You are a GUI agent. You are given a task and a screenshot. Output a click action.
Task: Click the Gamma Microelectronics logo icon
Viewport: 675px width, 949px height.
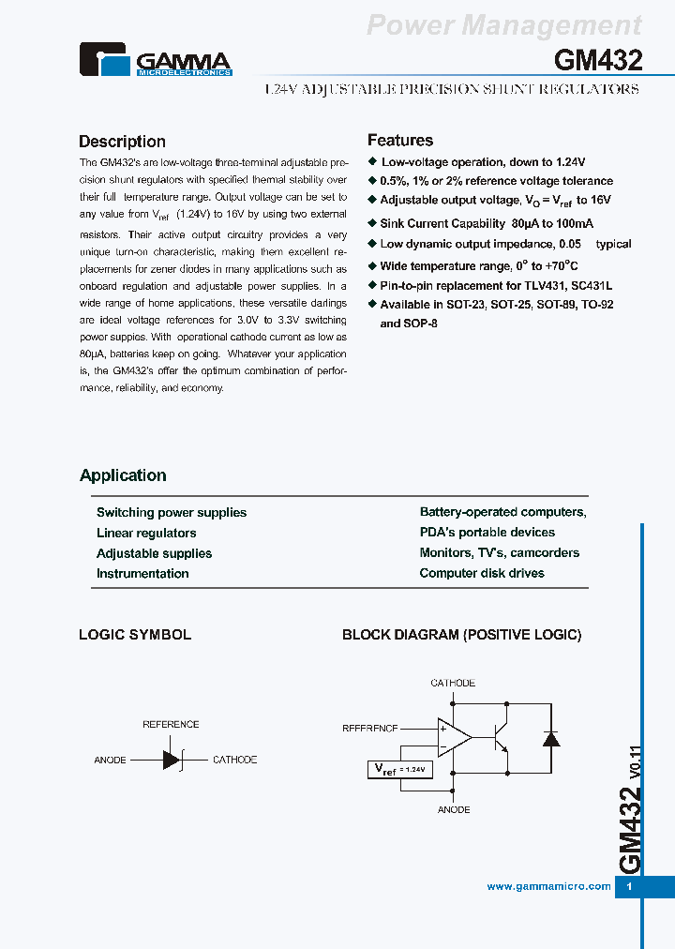pyautogui.click(x=105, y=61)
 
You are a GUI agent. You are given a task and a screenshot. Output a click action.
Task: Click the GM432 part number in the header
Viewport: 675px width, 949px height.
pyautogui.click(x=597, y=61)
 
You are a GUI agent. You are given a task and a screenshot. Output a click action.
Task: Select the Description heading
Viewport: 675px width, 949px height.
pyautogui.click(x=122, y=142)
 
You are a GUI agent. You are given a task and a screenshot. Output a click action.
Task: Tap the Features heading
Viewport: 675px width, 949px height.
pyautogui.click(x=399, y=141)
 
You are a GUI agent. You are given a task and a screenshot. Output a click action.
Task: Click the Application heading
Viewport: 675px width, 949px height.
pyautogui.click(x=123, y=475)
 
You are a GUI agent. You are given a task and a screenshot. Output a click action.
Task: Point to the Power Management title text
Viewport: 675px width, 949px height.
pyautogui.click(x=503, y=25)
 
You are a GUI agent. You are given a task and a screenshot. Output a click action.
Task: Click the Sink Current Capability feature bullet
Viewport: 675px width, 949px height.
pyautogui.click(x=486, y=224)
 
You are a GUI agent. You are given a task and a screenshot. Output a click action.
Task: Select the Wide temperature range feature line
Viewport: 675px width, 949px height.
pyautogui.click(x=478, y=266)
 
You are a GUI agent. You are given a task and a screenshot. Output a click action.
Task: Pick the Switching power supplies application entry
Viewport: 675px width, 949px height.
pyautogui.click(x=172, y=513)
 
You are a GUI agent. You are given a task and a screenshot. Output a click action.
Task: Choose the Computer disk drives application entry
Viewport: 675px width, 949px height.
pyautogui.click(x=482, y=573)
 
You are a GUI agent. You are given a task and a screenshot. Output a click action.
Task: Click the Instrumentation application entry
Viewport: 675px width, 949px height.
pyautogui.click(x=142, y=574)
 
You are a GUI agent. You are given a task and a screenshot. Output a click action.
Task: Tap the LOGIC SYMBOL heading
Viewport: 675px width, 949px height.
pyautogui.click(x=135, y=635)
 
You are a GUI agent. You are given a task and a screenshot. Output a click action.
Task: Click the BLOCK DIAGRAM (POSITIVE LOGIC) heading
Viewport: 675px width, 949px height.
pyautogui.click(x=461, y=635)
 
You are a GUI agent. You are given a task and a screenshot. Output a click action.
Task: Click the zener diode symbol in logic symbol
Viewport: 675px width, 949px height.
pyautogui.click(x=172, y=760)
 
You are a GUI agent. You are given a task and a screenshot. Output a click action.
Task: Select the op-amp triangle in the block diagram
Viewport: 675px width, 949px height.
pyautogui.click(x=454, y=736)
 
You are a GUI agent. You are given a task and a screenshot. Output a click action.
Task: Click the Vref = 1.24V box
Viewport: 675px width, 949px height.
pyautogui.click(x=399, y=769)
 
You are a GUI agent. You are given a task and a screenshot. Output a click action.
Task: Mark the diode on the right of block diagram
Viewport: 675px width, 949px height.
pyautogui.click(x=551, y=738)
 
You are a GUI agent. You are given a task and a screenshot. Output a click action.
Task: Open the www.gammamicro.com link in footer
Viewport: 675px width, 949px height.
pyautogui.click(x=548, y=886)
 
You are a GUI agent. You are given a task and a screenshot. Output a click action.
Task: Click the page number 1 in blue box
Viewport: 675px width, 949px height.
pyautogui.click(x=629, y=887)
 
